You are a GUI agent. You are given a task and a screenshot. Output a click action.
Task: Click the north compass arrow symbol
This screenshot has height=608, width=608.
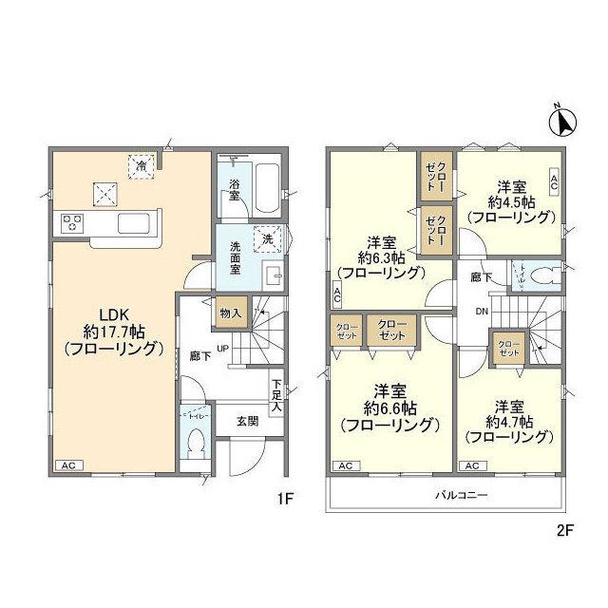(x=563, y=121)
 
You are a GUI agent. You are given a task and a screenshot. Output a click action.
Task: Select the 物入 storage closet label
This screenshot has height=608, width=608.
(x=231, y=313)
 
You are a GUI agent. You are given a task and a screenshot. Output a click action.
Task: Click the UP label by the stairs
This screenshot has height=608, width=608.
(x=224, y=348)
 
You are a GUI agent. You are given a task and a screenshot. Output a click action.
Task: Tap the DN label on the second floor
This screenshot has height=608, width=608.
(x=483, y=312)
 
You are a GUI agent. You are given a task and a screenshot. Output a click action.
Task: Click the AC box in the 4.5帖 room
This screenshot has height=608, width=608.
(x=554, y=180)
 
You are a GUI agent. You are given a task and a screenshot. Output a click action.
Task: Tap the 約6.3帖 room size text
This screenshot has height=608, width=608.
(x=382, y=256)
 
